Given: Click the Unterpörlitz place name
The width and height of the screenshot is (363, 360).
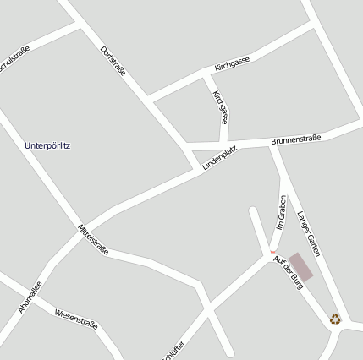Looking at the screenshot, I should [48, 145].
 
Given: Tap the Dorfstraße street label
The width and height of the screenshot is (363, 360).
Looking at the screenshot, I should [113, 61].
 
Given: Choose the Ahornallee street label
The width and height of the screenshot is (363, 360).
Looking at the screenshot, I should [30, 297].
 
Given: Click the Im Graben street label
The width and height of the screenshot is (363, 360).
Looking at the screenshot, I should [282, 212].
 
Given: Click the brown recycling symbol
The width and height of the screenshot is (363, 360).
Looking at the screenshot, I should [336, 319].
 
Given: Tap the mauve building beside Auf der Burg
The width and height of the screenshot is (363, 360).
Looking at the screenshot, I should [300, 267].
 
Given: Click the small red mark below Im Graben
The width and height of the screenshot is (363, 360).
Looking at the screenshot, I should [272, 251].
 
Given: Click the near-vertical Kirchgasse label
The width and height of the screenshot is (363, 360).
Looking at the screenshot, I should [221, 106].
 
